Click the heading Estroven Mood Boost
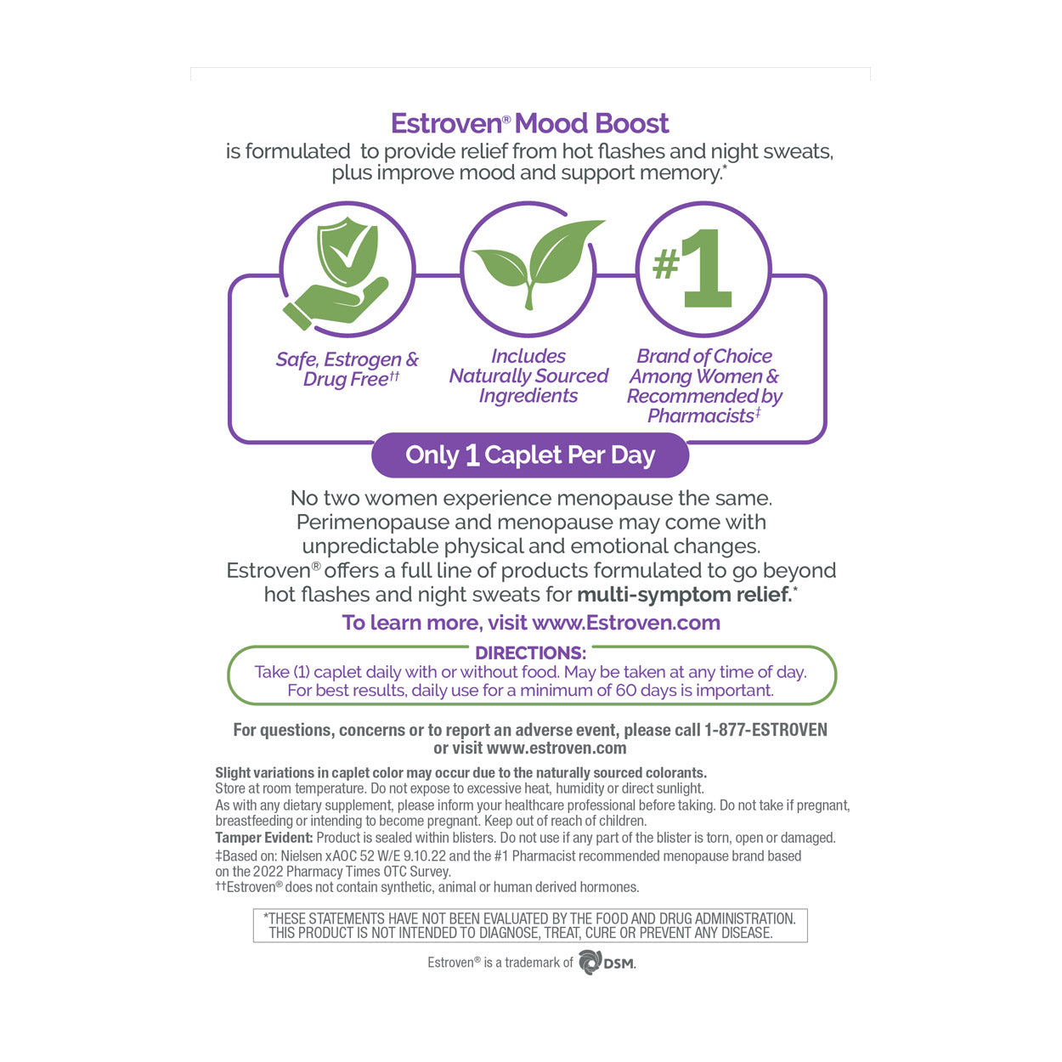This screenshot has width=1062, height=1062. coord(529,124)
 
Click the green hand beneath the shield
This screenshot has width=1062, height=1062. coord(336,306)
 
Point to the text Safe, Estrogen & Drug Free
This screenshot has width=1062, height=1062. coord(347,369)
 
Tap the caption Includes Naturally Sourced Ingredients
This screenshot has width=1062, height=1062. coord(528,376)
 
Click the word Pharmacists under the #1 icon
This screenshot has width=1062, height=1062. coord(701,415)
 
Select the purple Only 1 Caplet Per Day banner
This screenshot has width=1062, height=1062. coord(529,455)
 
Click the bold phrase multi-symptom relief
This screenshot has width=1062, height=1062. coord(684,595)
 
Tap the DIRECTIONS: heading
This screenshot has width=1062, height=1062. coord(530,653)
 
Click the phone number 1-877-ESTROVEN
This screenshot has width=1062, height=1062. coord(765,730)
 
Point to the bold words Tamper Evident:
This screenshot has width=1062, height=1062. coord(263,838)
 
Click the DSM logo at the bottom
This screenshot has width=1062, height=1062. coord(607,963)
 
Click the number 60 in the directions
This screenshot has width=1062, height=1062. coord(626,690)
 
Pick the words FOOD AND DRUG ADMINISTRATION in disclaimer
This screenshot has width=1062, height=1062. coord(696,918)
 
